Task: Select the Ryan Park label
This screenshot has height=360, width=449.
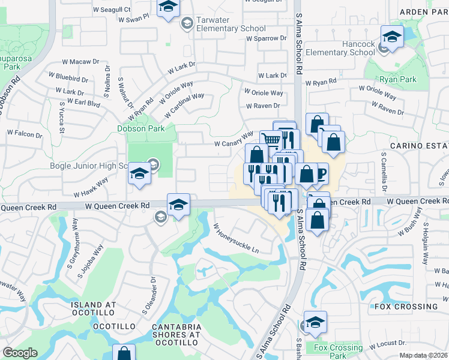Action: (397, 79)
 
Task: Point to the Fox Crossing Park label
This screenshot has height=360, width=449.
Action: (338, 352)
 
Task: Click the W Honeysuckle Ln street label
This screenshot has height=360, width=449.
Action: (236, 238)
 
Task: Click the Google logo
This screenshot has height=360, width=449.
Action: (20, 352)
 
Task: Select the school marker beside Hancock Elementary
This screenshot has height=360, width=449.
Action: (392, 37)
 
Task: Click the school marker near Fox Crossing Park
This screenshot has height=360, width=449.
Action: (315, 322)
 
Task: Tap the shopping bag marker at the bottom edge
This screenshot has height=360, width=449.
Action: (124, 353)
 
